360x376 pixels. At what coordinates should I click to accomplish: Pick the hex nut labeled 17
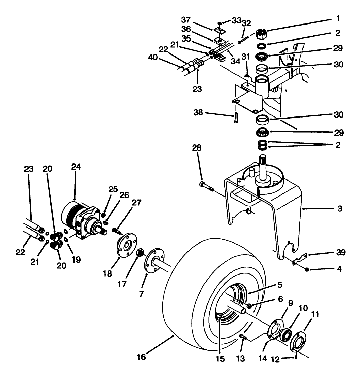tap(140, 253)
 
